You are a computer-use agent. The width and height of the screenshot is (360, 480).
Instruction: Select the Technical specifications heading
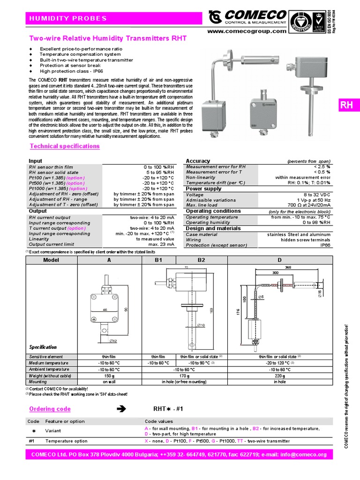click(65, 146)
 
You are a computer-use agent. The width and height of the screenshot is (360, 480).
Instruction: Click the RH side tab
click(346, 105)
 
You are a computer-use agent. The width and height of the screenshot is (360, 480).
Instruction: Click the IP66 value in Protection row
click(325, 245)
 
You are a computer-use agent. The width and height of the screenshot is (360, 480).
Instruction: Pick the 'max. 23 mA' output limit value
click(161, 245)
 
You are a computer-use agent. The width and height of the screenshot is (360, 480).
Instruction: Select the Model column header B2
click(202, 260)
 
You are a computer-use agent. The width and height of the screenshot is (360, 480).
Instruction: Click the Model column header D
click(279, 260)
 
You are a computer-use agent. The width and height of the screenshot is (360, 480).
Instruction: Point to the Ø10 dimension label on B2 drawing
click(201, 325)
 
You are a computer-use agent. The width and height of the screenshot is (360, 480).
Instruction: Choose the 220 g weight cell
click(279, 375)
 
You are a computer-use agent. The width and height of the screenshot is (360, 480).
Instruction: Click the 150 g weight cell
click(109, 375)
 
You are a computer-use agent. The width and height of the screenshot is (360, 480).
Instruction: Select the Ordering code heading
click(50, 409)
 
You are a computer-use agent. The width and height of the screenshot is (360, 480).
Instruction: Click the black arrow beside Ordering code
click(121, 409)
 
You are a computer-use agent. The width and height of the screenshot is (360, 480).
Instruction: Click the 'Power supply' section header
click(203, 189)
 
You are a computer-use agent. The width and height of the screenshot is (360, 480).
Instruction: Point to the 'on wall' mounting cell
click(109, 382)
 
